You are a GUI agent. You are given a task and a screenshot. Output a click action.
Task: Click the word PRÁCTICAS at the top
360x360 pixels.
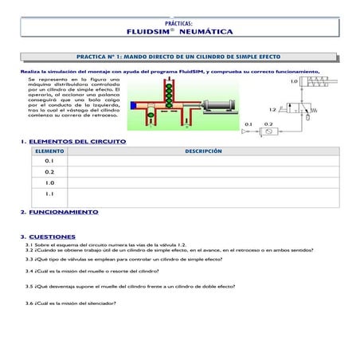click(180, 23)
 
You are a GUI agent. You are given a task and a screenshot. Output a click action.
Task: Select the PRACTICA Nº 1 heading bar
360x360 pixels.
click(179, 58)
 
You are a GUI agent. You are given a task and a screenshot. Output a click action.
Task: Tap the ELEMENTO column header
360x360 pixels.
click(49, 151)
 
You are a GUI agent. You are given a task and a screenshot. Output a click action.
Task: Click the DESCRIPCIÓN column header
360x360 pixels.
click(203, 151)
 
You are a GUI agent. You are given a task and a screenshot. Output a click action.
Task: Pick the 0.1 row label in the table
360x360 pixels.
click(49, 161)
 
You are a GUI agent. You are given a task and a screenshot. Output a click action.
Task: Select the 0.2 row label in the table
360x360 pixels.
click(49, 171)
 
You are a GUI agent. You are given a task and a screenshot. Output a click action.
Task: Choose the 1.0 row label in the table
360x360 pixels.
click(49, 182)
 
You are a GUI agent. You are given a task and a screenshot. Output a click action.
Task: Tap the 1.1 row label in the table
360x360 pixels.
click(49, 194)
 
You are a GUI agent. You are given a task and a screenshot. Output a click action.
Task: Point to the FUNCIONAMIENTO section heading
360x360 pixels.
click(63, 212)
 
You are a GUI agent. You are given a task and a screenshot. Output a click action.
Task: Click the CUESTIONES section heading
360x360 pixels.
click(52, 237)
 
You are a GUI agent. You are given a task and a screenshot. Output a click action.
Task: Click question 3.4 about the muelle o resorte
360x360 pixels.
click(87, 271)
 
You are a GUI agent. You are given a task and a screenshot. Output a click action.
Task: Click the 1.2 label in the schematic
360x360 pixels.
click(272, 109)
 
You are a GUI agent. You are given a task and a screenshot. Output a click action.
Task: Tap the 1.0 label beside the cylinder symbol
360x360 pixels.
click(294, 81)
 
